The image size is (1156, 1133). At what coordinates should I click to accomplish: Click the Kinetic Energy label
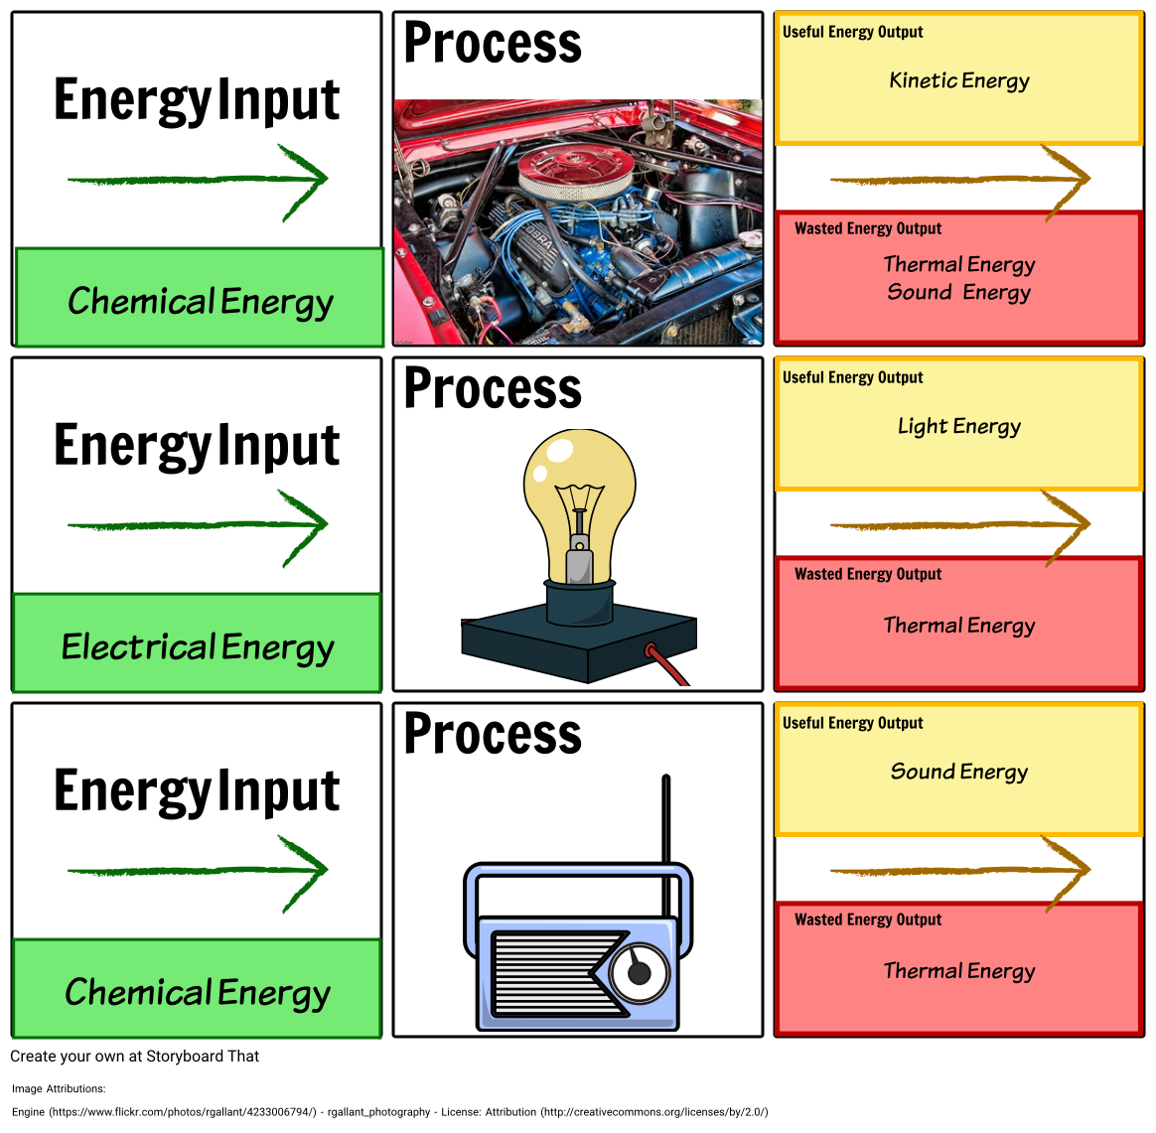point(959,81)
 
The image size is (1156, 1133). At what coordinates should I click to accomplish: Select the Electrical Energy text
point(198,647)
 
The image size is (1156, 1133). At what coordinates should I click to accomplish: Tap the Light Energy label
point(959,427)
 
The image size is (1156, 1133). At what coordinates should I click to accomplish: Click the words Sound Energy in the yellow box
point(959,773)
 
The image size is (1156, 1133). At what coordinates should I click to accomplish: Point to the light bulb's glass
point(579,487)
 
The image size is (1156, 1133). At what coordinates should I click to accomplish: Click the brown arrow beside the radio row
point(959,870)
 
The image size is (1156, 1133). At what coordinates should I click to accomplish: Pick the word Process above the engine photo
point(493,44)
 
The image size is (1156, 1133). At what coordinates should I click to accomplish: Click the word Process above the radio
point(493,735)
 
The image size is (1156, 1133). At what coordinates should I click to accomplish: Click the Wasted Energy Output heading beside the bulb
point(868,574)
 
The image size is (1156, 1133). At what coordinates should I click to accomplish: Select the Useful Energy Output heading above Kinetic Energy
point(853,32)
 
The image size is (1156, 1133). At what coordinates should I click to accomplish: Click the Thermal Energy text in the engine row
point(959,264)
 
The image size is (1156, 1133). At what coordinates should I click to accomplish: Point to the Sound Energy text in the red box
point(959,293)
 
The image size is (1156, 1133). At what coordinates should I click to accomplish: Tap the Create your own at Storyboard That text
point(135,1057)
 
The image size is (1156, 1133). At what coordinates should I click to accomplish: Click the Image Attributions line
point(59,1089)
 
